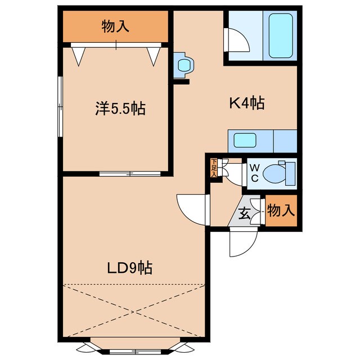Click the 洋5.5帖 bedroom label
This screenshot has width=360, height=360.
[120, 109]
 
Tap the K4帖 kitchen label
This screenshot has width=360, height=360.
[246, 103]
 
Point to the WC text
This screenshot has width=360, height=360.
[254, 173]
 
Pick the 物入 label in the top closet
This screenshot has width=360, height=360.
[115, 26]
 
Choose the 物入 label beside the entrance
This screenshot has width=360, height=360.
[280, 211]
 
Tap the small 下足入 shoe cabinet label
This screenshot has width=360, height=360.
[214, 168]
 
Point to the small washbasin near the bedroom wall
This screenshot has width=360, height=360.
[183, 65]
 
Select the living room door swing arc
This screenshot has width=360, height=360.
[191, 208]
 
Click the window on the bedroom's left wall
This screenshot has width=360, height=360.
[60, 107]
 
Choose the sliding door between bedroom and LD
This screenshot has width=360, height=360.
[130, 173]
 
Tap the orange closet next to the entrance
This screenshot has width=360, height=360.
[280, 212]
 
